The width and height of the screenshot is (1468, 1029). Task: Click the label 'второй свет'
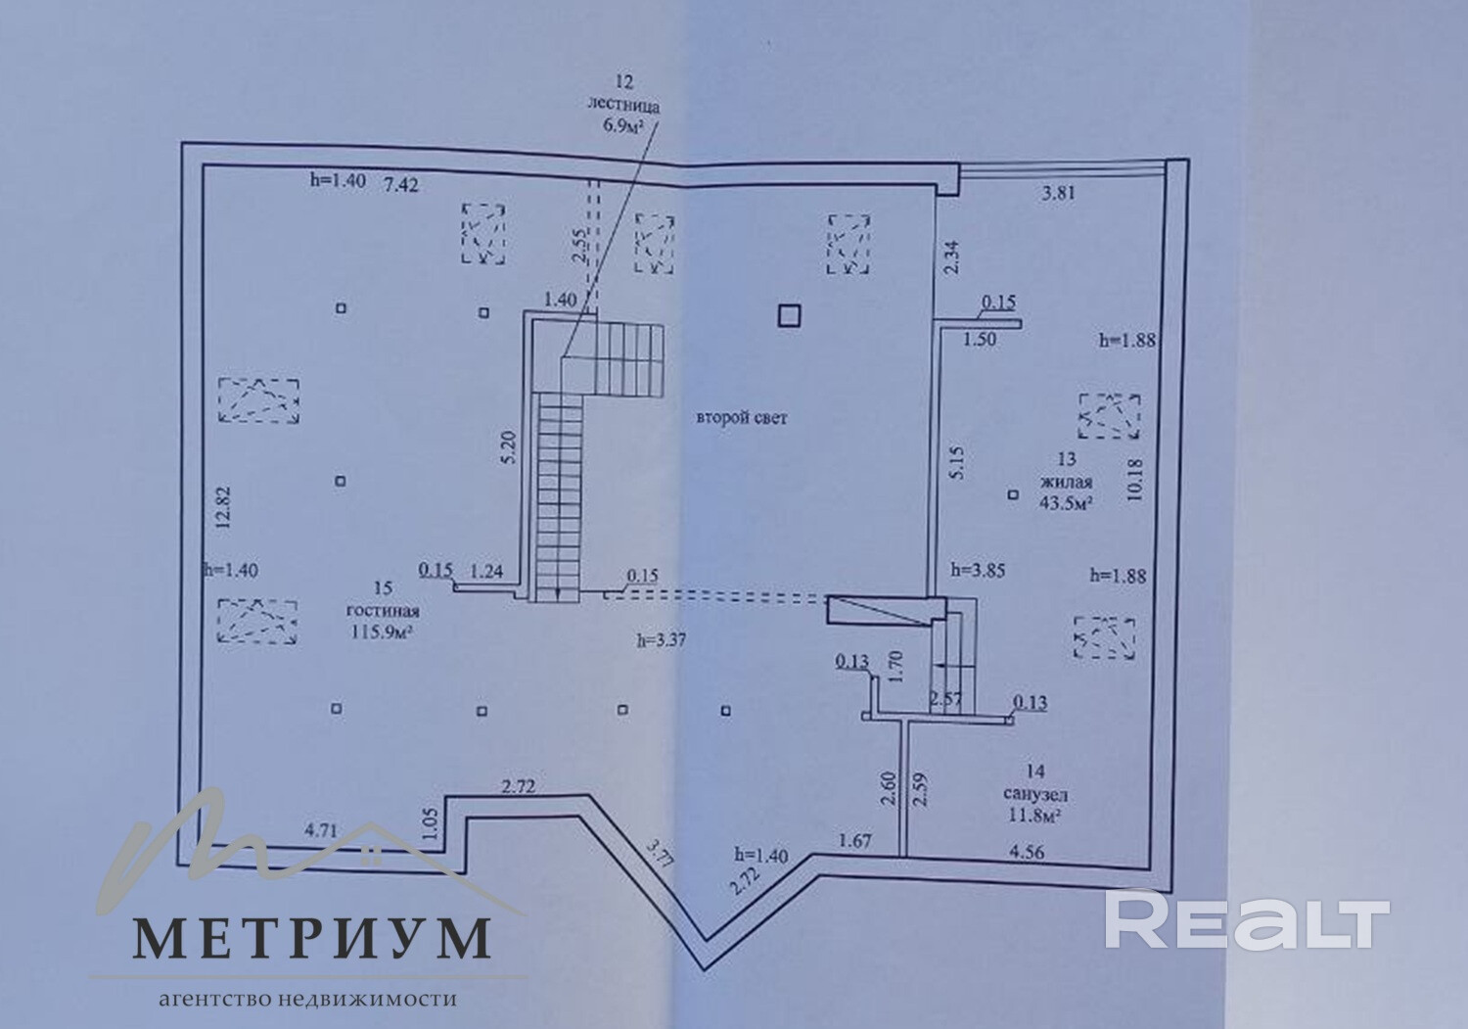[742, 418]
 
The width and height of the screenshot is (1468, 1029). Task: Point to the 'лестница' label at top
[624, 104]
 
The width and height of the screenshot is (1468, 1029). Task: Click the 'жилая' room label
[1067, 481]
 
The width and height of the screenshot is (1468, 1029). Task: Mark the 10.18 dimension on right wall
[1134, 479]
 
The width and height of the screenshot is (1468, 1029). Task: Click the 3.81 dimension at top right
[1058, 193]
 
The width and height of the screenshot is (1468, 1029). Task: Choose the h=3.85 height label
[978, 569]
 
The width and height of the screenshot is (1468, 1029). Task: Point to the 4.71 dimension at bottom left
[321, 829]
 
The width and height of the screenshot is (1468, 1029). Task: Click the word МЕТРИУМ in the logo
[311, 938]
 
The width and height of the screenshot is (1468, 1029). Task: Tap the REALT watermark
[1248, 919]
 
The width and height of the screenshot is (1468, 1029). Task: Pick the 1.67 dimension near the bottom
[854, 840]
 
